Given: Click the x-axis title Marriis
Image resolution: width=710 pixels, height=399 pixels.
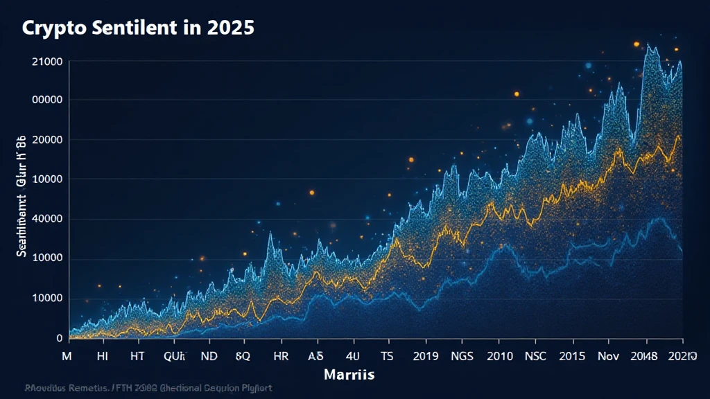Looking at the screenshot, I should (x=349, y=375).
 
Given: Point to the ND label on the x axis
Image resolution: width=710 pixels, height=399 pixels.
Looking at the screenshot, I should (x=209, y=356).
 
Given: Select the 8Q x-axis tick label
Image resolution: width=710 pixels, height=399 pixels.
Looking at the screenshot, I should (x=243, y=356).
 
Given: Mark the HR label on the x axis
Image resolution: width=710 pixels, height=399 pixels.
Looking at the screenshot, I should (x=281, y=356).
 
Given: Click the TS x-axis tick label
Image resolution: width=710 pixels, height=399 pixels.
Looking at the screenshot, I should (x=387, y=356).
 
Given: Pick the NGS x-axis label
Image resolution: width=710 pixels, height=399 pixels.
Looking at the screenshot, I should (x=464, y=356).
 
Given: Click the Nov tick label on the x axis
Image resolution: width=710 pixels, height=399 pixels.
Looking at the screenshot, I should (x=608, y=356).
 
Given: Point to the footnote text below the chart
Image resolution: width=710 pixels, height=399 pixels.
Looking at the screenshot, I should (x=147, y=389).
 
